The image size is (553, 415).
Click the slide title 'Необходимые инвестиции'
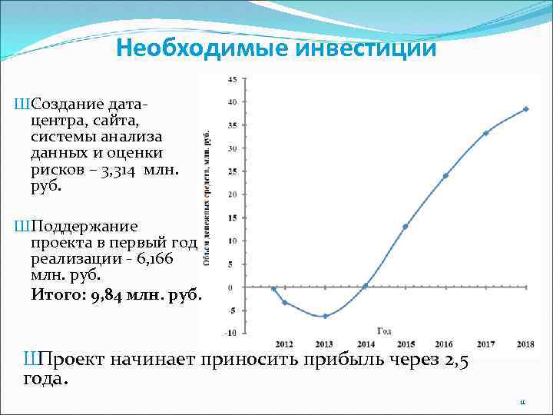(276, 49)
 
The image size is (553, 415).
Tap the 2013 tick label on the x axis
(325, 344)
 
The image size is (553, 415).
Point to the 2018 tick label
(525, 344)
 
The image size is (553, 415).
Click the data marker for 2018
(526, 109)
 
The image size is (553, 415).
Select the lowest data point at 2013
(325, 316)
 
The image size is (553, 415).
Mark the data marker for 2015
(405, 227)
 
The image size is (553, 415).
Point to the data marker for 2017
(486, 133)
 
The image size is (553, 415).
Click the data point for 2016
(445, 176)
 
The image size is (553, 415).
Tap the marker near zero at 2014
(365, 285)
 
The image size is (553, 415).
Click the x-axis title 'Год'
(385, 331)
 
